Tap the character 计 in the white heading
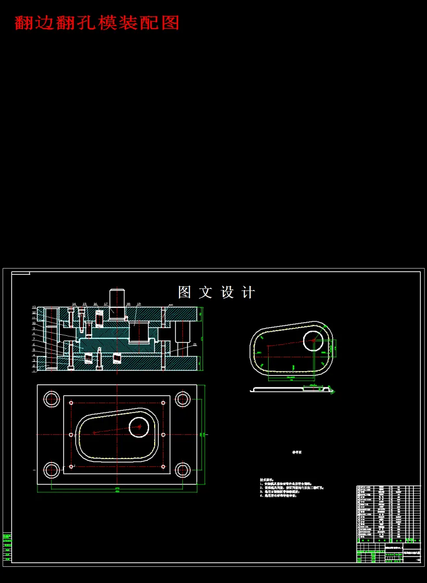coord(248,292)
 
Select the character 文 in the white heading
coord(207,292)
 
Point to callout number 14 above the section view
coord(74,304)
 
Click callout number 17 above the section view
coord(106,304)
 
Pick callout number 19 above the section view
coord(139,304)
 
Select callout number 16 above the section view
coord(95,304)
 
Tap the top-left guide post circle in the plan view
coord(52,399)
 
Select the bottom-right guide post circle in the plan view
coord(182,470)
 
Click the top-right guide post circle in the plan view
coord(182,399)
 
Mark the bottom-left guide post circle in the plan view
coord(52,470)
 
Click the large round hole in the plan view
coord(139,427)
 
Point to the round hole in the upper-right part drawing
coord(313,340)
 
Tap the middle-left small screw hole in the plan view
coord(71,434)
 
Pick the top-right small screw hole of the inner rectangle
coord(164,403)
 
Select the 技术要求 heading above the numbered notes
coord(266,479)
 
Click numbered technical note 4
coord(278,496)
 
